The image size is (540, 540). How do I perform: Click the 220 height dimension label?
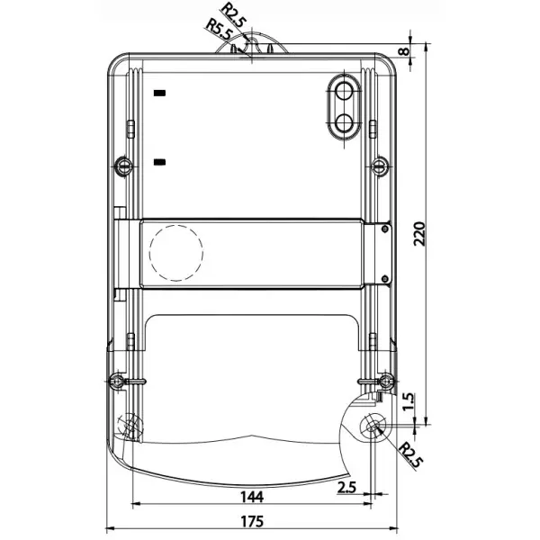tap(419, 234)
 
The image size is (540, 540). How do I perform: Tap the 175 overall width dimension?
tap(252, 521)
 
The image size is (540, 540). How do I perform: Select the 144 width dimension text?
tap(252, 497)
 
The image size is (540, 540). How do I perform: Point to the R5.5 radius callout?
tap(219, 30)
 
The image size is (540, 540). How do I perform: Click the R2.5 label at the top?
tap(234, 14)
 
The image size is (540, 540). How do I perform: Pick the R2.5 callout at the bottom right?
tap(410, 455)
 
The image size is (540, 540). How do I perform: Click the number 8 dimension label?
tap(404, 51)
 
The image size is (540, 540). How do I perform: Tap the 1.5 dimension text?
tap(408, 401)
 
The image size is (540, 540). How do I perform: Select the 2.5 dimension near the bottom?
tap(346, 488)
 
